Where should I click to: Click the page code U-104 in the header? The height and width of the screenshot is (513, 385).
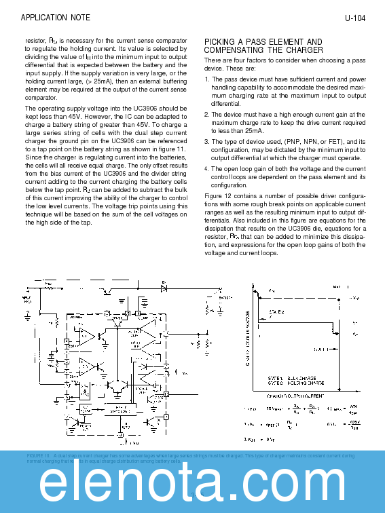354,18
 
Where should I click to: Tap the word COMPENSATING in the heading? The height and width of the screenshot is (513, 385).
234,50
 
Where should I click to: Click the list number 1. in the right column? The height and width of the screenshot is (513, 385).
206,79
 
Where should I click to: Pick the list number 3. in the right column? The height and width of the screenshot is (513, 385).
206,141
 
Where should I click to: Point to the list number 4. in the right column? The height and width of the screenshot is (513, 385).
206,168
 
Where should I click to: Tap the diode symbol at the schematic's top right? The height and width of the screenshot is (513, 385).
164,288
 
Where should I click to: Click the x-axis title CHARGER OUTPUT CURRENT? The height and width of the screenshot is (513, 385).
295,394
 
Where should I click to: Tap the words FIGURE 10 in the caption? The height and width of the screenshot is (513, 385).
38,455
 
